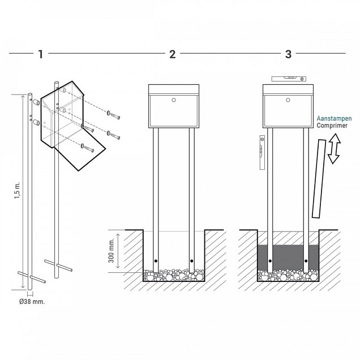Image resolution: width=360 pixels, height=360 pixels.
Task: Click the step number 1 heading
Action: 41,54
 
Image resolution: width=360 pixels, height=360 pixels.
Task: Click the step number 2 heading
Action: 173,54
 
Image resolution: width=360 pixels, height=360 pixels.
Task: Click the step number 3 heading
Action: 288,54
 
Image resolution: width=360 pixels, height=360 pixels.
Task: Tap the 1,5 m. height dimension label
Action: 18,190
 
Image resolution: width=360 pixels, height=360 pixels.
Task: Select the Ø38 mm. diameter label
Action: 32,302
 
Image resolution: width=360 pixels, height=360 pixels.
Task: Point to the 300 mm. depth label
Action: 112,251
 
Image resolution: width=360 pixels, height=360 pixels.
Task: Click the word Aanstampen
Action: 334,119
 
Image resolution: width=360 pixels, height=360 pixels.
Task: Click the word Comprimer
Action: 332,126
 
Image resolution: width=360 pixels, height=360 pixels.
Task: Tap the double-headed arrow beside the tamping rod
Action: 334,149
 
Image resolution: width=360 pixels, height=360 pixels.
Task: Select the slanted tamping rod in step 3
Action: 319,179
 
